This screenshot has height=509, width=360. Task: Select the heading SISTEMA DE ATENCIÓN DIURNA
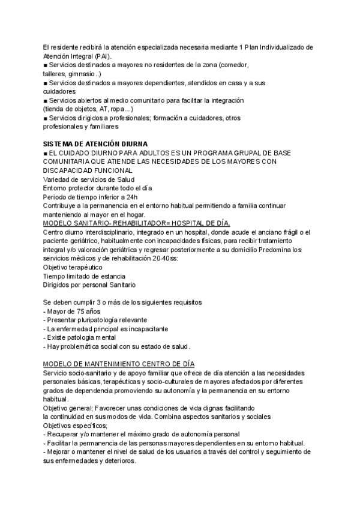pyautogui.click(x=94, y=145)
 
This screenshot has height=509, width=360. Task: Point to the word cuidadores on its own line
pyautogui.click(x=59, y=91)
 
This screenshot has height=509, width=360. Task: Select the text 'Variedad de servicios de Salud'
pyautogui.click(x=88, y=179)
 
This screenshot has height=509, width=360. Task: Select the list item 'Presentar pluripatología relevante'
pyautogui.click(x=95, y=320)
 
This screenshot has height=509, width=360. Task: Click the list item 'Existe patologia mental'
pyautogui.click(x=80, y=337)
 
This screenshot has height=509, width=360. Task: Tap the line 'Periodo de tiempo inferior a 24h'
pyautogui.click(x=90, y=197)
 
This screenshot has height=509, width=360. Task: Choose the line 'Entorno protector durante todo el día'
pyautogui.click(x=97, y=188)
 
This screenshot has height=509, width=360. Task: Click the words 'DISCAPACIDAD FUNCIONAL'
pyautogui.click(x=88, y=170)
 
